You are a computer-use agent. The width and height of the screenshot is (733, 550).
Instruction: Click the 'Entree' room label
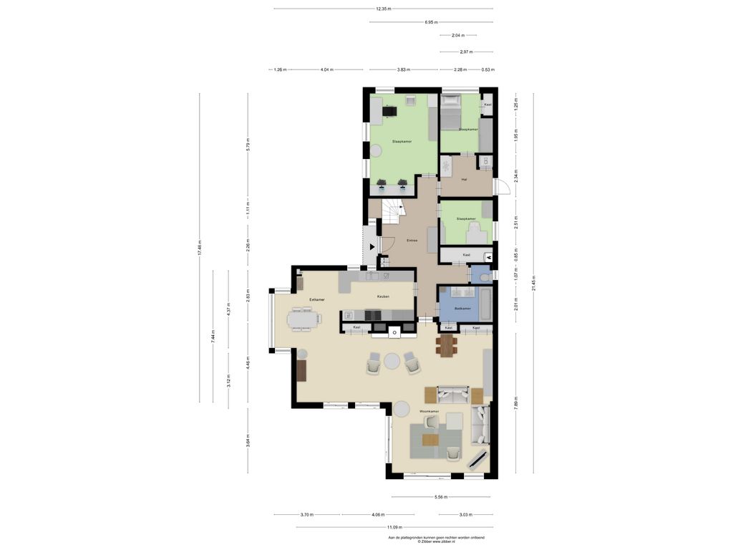(x=412, y=241)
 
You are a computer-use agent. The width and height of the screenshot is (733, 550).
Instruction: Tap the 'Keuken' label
(x=383, y=296)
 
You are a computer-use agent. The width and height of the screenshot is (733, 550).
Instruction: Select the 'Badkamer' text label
(x=462, y=309)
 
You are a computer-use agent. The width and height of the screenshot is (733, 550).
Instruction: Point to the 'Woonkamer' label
(x=429, y=412)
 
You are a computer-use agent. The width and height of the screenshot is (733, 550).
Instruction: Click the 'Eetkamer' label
(x=317, y=299)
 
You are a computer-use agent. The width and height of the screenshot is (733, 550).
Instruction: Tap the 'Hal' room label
(x=465, y=179)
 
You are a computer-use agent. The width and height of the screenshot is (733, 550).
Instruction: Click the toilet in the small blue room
(x=484, y=276)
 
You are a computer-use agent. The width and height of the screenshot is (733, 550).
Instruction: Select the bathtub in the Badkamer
(x=485, y=304)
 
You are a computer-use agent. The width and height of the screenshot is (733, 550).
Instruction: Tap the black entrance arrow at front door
(x=372, y=246)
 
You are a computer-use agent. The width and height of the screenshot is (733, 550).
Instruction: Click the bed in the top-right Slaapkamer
(x=450, y=112)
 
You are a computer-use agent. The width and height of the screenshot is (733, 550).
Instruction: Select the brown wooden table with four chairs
(x=447, y=345)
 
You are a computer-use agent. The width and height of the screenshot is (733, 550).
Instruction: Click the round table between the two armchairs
(x=392, y=362)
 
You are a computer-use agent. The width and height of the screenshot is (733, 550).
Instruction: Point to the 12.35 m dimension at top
(x=383, y=9)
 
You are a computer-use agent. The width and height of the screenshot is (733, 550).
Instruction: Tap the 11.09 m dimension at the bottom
(x=393, y=527)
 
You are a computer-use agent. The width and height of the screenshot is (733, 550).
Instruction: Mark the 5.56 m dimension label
(x=440, y=497)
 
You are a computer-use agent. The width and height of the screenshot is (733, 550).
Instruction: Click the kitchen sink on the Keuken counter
(x=372, y=276)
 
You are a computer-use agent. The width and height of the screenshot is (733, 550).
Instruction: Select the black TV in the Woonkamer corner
(x=478, y=459)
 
